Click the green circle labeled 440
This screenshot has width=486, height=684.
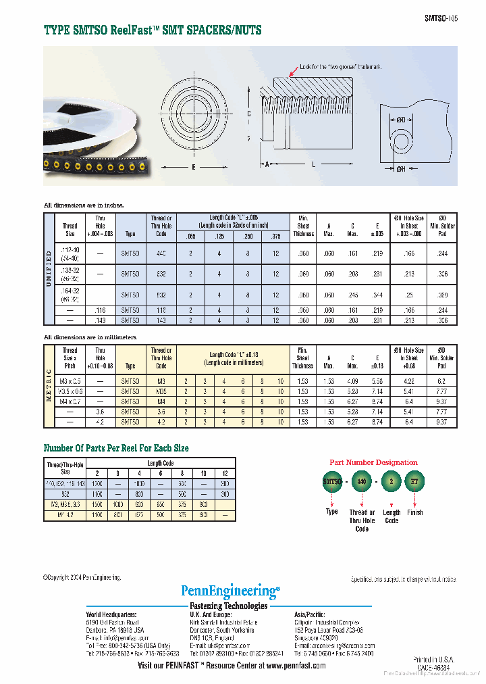coord(362,482)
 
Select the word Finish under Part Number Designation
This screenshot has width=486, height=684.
coord(415,512)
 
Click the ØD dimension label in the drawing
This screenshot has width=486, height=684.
coord(401,120)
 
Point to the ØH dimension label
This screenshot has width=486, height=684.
coord(401,169)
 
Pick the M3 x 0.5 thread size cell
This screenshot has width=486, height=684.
coord(70,381)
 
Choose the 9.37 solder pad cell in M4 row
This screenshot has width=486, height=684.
coord(441,401)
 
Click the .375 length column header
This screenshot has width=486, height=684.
coord(275,236)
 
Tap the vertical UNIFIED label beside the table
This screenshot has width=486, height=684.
coord(49,268)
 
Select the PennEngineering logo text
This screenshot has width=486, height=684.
coord(230,591)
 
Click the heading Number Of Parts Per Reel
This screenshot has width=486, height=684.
coord(116,448)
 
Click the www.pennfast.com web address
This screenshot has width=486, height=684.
coord(292,665)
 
